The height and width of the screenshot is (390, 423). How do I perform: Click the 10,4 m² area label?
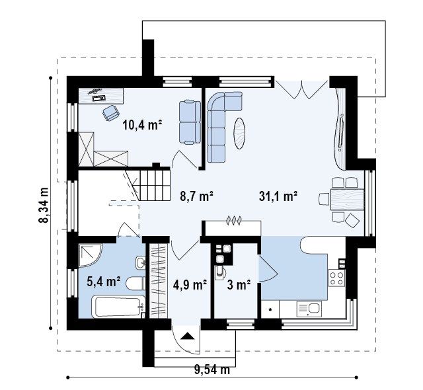pos(142,126)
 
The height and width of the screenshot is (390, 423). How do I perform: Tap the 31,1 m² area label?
pos(278,196)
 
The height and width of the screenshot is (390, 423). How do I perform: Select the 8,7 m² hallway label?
pos(197,196)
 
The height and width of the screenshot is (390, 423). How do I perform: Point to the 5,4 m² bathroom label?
pos(104,282)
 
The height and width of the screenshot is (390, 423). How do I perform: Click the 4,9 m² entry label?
pos(190,284)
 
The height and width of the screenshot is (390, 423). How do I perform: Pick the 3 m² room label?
pos(239,284)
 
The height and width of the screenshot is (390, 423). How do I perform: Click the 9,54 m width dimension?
pos(212,370)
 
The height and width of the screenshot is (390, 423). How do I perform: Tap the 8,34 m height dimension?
pos(44,205)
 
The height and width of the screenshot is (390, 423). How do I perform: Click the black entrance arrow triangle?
pos(188,336)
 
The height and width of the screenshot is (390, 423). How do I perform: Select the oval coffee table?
pos(239,134)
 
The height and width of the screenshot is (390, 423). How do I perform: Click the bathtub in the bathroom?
pos(118,307)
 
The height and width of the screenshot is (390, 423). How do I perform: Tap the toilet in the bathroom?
pos(135,283)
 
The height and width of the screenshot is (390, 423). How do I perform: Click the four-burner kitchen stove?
pos(337,278)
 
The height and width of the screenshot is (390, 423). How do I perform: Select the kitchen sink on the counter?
pos(309,309)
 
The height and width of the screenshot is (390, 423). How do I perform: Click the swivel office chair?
pos(111,112)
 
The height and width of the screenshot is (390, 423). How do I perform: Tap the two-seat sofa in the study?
pos(190,122)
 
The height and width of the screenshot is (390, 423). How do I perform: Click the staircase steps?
pos(155,185)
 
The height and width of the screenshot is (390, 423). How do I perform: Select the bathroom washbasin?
pos(140,262)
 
